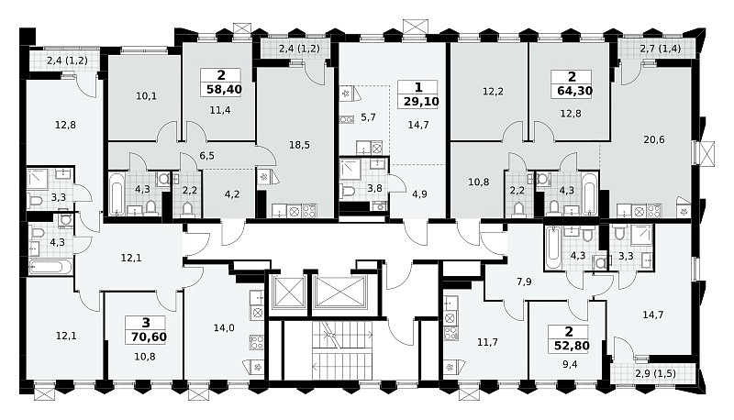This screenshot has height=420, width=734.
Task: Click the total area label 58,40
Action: [x=224, y=89]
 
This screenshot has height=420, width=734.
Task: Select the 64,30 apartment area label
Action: [x=575, y=91]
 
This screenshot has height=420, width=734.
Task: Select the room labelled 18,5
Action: [x=299, y=145]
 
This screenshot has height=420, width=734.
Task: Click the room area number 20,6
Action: [x=654, y=139]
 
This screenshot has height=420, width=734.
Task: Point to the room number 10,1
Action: [x=146, y=96]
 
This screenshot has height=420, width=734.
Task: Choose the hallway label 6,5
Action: [x=207, y=155]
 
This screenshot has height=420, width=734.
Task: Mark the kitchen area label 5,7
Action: [x=369, y=117]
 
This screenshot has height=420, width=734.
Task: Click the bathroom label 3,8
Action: [x=374, y=188]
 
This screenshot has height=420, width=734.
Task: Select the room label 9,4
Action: [x=570, y=364]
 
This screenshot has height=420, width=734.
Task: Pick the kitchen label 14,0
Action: [x=224, y=328]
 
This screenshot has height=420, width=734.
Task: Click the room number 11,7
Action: [x=487, y=342]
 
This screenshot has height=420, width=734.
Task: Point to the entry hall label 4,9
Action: [x=419, y=193]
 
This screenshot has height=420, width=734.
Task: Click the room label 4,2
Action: [x=232, y=193]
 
